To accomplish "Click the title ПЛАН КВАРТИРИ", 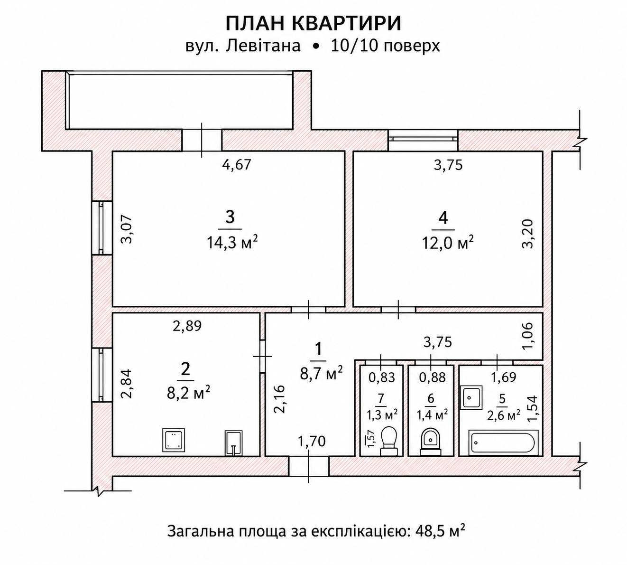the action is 313,23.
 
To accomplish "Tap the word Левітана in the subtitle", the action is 263,46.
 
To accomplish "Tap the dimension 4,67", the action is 237,165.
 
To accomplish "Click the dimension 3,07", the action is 127,229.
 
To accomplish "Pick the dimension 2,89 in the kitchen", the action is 187,326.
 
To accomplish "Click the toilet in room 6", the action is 431,442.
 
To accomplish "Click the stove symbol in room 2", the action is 174,440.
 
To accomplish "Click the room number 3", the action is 230,217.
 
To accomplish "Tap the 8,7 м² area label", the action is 321,373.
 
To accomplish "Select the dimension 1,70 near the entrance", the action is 312,442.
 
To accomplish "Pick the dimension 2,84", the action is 127,384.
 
